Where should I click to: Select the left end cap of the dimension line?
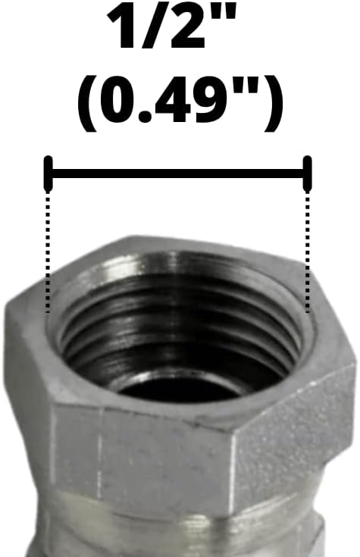[x=49, y=173]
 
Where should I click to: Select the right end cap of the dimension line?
[x=307, y=173]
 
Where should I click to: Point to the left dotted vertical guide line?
[x=49, y=250]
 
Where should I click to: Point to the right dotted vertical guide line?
[x=307, y=250]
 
